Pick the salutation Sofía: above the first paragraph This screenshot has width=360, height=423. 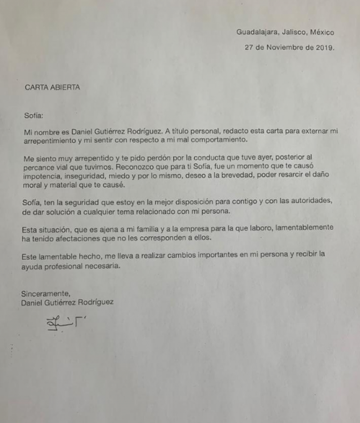[x=34, y=115]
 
